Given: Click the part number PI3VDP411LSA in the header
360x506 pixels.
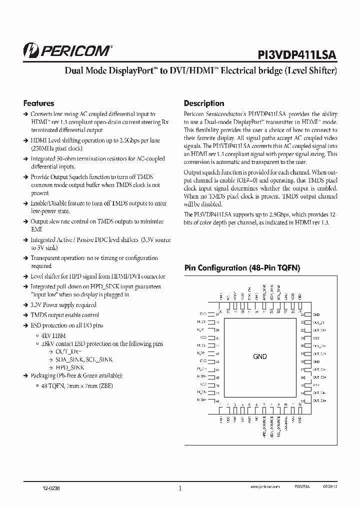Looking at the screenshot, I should click(297, 54).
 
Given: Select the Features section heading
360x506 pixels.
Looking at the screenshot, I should click(38, 103).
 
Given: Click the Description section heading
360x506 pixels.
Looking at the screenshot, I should click(204, 103).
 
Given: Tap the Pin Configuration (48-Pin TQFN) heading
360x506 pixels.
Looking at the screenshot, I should click(242, 268).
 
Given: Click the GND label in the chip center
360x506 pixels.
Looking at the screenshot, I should click(260, 356).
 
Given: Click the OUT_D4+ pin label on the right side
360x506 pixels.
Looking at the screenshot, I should click(320, 401).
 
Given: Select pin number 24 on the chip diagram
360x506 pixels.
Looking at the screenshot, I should click(303, 315).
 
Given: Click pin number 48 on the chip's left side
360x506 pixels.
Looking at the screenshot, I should click(217, 401).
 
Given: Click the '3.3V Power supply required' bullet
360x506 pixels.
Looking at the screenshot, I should click(63, 305).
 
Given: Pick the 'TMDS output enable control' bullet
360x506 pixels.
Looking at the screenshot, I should click(64, 315).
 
